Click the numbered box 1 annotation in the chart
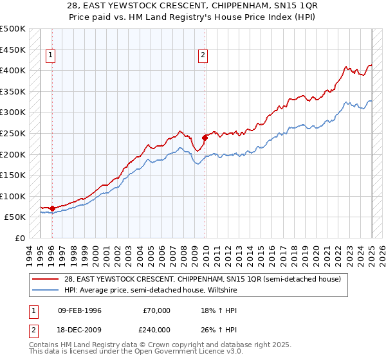(51, 55)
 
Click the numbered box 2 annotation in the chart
(203, 55)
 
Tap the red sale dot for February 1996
(52, 208)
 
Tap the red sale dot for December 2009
(205, 137)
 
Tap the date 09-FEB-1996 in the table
(80, 310)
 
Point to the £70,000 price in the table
(157, 310)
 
